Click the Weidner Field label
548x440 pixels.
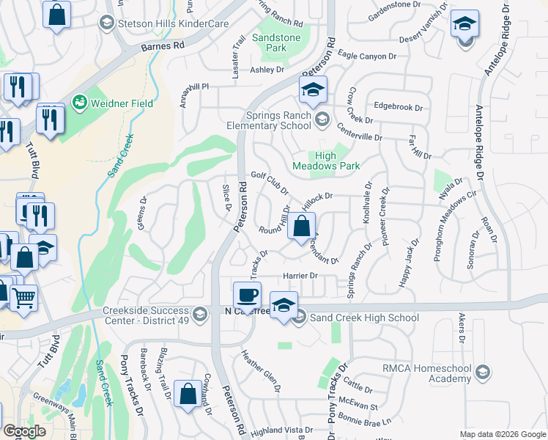121,103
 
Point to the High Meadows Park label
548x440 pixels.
326,161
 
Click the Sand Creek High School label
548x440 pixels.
364,318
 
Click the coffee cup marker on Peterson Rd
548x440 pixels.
247,296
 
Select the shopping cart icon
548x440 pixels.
23,298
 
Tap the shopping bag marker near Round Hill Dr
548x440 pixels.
301,227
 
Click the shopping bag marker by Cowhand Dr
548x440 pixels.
188,394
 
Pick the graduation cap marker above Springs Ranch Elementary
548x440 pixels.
313,91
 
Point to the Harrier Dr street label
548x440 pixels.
299,276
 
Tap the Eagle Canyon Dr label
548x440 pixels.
367,56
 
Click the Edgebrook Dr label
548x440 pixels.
399,106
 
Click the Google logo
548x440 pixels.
24,431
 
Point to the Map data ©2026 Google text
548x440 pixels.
502,434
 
